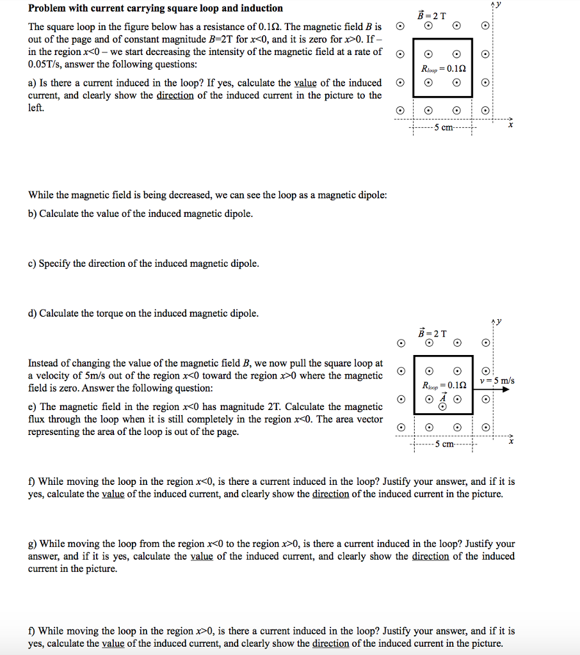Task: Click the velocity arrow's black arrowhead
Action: pos(505,388)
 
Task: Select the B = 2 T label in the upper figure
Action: pos(433,15)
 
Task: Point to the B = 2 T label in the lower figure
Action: pos(433,333)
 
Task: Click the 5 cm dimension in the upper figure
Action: pos(443,127)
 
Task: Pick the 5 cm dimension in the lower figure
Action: pos(443,445)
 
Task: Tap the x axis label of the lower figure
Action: pos(510,441)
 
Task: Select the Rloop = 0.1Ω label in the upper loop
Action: pos(442,68)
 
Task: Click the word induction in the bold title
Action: pos(261,8)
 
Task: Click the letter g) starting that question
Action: pos(32,544)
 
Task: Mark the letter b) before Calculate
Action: pos(32,214)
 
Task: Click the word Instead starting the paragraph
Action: pos(44,363)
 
